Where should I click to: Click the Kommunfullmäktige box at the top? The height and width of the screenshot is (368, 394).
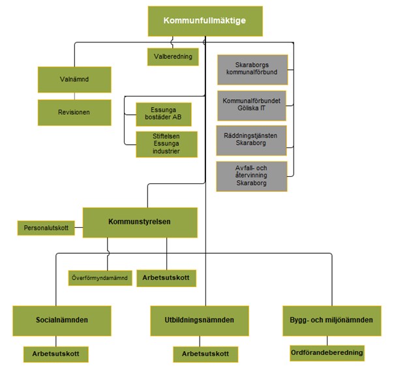[x=205, y=22]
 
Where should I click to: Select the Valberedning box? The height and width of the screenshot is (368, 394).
[x=172, y=57]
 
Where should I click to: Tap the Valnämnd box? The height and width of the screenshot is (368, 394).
[x=74, y=80]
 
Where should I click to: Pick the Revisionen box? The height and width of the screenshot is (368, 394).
[x=74, y=112]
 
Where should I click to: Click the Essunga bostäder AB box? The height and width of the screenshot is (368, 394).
[x=163, y=114]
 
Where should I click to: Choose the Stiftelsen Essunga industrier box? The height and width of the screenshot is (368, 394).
[x=166, y=144]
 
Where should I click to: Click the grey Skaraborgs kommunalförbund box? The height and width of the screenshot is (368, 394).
[x=251, y=69]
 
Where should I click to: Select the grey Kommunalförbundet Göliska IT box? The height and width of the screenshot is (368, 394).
[x=251, y=106]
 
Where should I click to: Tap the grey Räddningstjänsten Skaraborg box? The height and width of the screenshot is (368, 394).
[x=251, y=141]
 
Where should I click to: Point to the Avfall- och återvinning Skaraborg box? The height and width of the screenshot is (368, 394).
[x=251, y=176]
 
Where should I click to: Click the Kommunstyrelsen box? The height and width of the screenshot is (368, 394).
[x=140, y=222]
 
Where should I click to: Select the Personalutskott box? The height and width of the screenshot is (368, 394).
[x=46, y=229]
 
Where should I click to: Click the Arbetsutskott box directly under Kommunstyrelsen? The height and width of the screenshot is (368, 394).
[x=166, y=278]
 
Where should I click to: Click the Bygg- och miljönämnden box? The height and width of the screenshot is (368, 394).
[x=331, y=320]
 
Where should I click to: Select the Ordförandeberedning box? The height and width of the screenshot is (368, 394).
[x=327, y=352]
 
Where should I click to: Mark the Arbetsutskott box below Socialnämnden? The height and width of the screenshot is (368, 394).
[x=55, y=354]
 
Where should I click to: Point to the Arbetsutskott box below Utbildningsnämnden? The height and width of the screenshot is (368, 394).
[x=205, y=354]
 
